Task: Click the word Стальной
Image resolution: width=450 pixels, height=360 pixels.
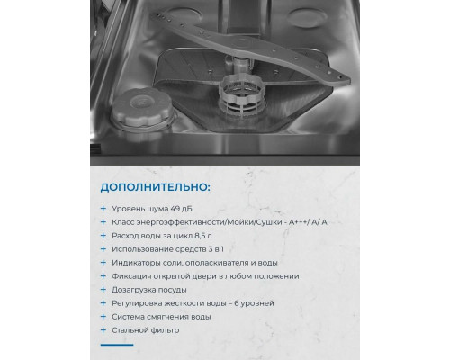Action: pos(132,330)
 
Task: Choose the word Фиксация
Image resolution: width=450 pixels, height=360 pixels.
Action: pos(134,276)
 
